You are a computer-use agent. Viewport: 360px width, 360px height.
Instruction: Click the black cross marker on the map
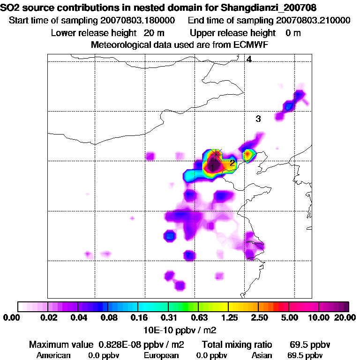[216, 153]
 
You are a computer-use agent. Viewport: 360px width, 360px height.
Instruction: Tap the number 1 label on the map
[212, 167]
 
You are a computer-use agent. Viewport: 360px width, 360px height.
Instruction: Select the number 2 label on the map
[232, 163]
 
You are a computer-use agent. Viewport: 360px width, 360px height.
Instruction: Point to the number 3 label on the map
[258, 119]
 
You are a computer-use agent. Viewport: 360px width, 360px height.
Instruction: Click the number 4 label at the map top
[249, 60]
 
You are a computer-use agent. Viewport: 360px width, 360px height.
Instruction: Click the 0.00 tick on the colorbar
[11, 318]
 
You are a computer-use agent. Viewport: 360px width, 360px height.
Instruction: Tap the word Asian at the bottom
[262, 355]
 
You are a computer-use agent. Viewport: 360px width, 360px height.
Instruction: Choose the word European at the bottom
[161, 355]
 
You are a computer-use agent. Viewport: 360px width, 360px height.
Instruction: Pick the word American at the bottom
[53, 355]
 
